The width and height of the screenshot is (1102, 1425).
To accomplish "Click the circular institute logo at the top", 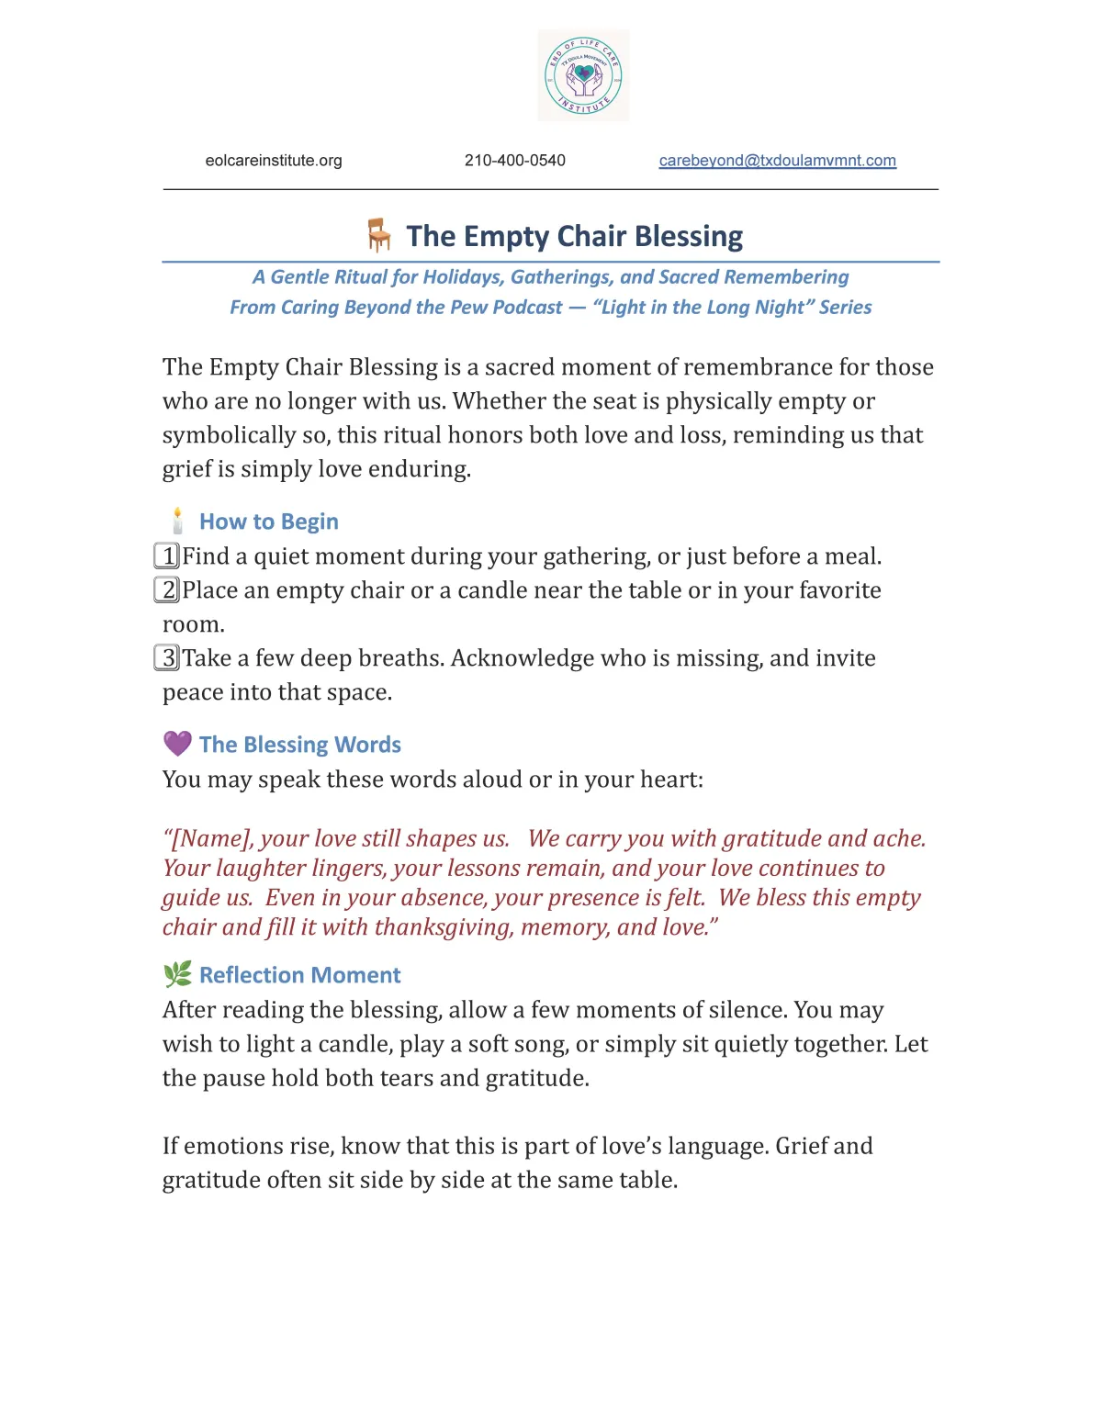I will [583, 75].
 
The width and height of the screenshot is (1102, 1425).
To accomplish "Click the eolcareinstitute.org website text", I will [274, 161].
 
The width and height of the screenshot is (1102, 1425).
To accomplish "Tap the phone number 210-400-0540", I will [514, 161].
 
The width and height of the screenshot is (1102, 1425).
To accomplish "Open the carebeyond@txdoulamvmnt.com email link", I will [777, 161].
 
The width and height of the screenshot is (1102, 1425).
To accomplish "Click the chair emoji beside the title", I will [378, 235].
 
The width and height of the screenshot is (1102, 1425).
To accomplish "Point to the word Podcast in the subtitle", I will [527, 308].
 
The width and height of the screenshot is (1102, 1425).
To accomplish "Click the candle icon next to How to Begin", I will [177, 522].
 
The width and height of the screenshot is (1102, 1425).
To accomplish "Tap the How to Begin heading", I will [268, 522].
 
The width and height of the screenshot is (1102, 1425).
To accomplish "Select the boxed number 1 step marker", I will [167, 556].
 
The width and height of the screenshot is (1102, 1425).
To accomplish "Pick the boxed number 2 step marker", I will [167, 590].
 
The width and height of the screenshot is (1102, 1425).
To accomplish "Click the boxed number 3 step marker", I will [167, 658].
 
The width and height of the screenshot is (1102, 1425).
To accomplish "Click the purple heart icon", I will [177, 744].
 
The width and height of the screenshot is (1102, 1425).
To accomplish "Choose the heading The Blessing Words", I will [299, 745].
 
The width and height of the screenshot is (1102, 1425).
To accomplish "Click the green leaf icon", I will [177, 974].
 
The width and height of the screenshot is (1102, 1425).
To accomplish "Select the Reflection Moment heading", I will [299, 975].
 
